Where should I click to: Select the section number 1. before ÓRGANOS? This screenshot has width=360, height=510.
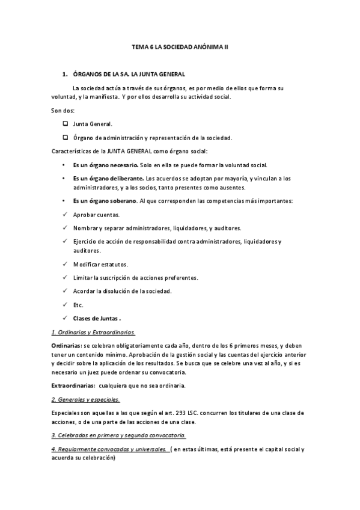tap(64, 74)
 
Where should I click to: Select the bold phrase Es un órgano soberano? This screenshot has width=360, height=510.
tap(105, 200)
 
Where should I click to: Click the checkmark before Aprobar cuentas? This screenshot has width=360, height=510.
tap(64, 215)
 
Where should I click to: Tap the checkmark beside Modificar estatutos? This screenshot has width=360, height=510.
tap(64, 264)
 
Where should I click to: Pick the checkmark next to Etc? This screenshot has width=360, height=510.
tap(64, 305)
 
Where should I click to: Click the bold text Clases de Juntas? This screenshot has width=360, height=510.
tap(97, 319)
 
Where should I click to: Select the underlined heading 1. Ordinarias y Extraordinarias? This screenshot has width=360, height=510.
tap(93, 332)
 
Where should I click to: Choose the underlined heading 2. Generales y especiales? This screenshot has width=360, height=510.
tap(85, 399)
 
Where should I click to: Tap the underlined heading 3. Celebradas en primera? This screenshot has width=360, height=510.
tap(118, 435)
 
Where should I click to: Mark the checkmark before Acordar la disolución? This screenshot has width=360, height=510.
tap(64, 291)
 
